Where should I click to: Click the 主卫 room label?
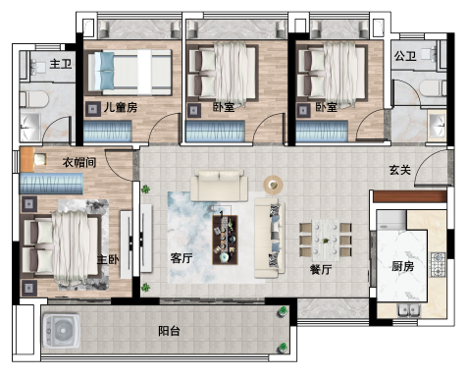tap(61, 64)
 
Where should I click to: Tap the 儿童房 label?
tap(121, 107)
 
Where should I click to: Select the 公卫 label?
tap(405, 56)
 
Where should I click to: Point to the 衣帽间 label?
tap(79, 162)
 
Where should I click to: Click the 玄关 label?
tap(399, 170)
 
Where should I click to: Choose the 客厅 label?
tap(182, 258)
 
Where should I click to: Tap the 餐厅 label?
tap(321, 269)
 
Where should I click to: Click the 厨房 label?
tap(402, 266)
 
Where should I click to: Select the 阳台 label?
tap(169, 331)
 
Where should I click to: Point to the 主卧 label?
tap(108, 259)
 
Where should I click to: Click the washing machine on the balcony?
tap(62, 331)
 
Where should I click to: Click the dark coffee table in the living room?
tap(225, 240)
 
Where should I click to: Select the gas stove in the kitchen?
tap(438, 264)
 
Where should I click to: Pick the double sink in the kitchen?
tap(409, 310)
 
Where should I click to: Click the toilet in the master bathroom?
tap(34, 99)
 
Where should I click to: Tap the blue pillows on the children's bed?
tap(107, 71)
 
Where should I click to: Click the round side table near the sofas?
tap(273, 185)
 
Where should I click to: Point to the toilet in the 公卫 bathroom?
tap(433, 88)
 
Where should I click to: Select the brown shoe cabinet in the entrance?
tap(410, 196)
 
